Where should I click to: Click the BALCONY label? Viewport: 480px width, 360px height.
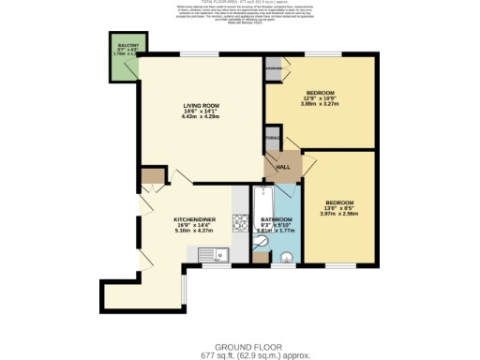tap(127, 45)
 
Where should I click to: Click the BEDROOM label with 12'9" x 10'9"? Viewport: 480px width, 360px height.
tap(321, 92)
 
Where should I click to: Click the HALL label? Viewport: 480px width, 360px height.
tap(282, 167)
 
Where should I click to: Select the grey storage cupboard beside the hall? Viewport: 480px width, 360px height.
tap(272, 139)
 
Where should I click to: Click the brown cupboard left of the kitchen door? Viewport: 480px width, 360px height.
tap(151, 176)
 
